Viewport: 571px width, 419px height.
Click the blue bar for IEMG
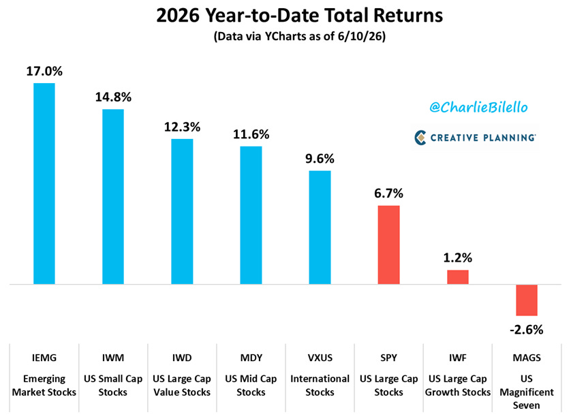point(44,183)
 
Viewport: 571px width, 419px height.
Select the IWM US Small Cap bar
point(113,197)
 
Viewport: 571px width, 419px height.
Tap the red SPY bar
point(388,245)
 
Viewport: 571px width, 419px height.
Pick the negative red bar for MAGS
point(527,300)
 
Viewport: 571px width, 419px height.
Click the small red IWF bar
point(458,277)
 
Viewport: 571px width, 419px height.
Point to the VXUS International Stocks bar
point(320,228)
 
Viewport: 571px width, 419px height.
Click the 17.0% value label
point(44,72)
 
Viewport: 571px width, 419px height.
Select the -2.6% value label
point(527,330)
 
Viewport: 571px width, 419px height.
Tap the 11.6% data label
point(251,134)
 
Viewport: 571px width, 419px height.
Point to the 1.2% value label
point(458,258)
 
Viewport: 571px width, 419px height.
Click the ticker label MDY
point(251,358)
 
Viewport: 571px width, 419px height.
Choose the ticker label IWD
point(182,358)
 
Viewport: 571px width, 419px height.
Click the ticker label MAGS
point(527,358)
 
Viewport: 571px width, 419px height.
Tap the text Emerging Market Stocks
point(44,386)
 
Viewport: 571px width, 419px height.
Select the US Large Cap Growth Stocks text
point(458,386)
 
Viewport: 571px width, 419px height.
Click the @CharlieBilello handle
point(478,107)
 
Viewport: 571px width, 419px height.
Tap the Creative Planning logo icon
point(420,138)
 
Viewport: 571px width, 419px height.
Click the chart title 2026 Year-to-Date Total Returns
point(299,15)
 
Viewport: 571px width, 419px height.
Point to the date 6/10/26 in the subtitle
point(360,36)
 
